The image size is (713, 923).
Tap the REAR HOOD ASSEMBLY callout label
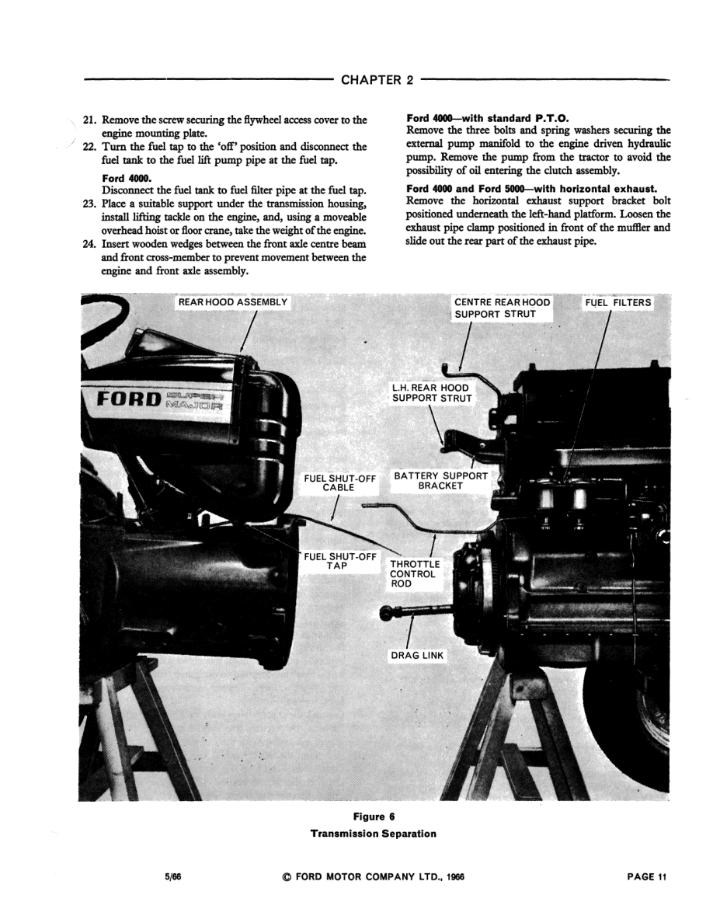233,301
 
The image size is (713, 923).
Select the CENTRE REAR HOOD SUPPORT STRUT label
502,308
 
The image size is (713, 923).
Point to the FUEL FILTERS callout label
618,301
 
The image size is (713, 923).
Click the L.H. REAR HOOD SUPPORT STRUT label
430,392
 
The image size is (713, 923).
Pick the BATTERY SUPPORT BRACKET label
440,480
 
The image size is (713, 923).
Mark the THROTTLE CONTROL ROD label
415,574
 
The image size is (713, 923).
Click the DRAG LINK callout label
417,656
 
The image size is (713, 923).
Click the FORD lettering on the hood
128,399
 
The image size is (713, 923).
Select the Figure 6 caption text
374,817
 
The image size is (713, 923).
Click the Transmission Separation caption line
374,834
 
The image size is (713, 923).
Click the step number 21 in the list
89,120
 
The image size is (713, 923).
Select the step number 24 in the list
89,244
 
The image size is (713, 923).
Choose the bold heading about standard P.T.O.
488,118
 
